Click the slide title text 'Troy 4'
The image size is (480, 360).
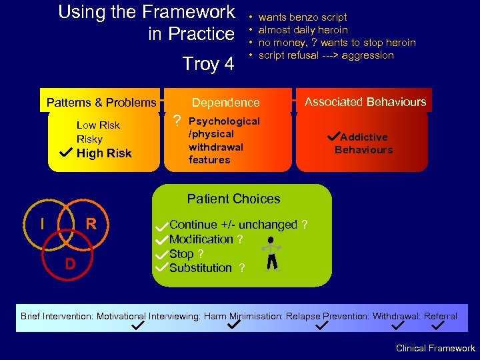point(208,64)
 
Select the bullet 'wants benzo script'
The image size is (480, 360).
point(303,17)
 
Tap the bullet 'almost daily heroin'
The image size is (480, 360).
point(303,30)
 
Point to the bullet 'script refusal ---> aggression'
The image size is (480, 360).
point(326,55)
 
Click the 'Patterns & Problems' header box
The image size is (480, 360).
point(101,103)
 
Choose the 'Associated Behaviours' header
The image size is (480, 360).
point(365,102)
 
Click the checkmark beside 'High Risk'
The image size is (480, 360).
point(65,153)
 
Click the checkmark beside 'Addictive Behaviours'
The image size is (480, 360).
point(334,136)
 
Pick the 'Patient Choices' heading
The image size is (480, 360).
point(233,199)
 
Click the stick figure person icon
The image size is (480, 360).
point(271,254)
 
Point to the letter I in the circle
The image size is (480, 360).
point(43,224)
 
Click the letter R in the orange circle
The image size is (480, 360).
point(91,224)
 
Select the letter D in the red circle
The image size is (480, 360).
point(69,264)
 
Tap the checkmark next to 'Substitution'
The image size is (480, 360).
point(160,267)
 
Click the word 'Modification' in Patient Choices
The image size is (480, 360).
point(201,239)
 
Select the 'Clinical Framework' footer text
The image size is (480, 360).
point(435,348)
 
